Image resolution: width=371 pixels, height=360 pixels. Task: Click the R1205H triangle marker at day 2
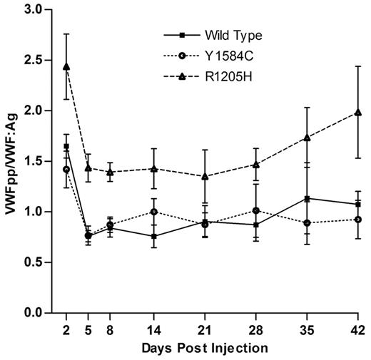coord(66,67)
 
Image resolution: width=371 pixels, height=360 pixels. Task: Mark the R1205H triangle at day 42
coord(357,113)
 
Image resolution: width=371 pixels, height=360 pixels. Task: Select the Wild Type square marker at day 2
coord(66,147)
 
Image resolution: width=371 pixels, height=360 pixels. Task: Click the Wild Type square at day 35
coord(307,199)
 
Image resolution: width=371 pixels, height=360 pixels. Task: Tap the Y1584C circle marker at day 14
coord(154,212)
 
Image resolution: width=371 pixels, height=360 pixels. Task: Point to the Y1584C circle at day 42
coord(357,220)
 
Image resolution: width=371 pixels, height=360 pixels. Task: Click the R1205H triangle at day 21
coord(205,176)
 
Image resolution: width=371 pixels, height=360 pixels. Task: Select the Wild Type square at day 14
coord(154,236)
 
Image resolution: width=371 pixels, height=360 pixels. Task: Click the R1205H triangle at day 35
coord(307,138)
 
